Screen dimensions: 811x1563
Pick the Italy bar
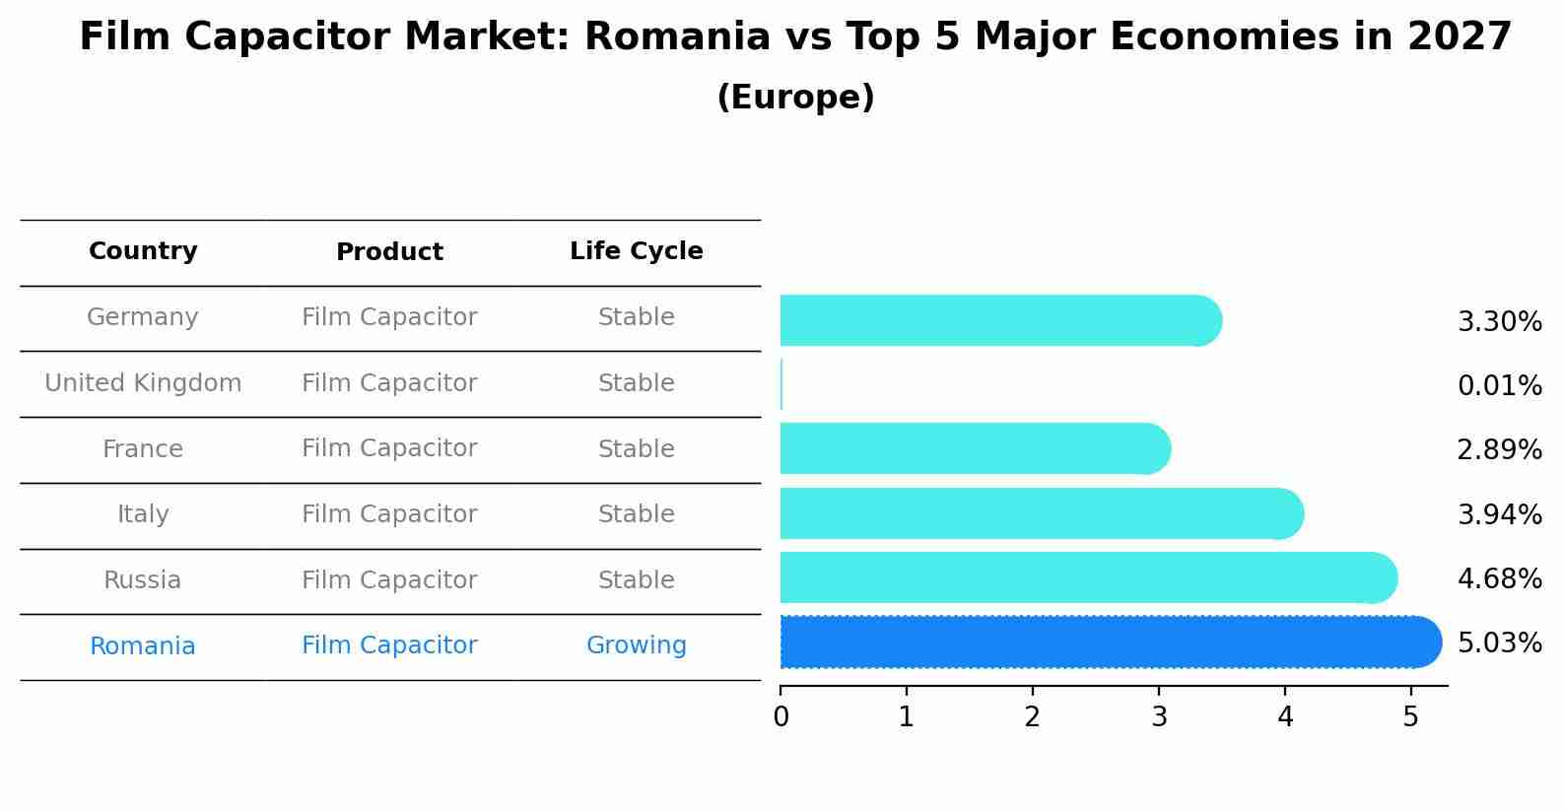(x=1041, y=513)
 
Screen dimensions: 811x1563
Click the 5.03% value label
(x=1499, y=643)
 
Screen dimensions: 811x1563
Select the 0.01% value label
(x=1499, y=385)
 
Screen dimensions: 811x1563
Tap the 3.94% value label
(x=1499, y=514)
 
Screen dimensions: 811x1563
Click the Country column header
(x=143, y=251)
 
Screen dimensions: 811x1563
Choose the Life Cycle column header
(x=636, y=251)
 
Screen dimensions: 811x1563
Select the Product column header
(x=389, y=252)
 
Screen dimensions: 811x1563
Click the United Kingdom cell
(x=143, y=383)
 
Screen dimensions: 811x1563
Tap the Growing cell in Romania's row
(x=636, y=645)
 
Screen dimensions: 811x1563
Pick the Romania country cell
(x=143, y=646)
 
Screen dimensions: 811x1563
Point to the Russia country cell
(x=143, y=580)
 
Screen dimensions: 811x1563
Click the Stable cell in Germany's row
(x=636, y=317)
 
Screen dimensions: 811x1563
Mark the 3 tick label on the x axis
(x=1159, y=717)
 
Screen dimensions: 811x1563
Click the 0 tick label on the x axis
(x=781, y=717)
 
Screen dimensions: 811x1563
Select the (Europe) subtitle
(x=795, y=98)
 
